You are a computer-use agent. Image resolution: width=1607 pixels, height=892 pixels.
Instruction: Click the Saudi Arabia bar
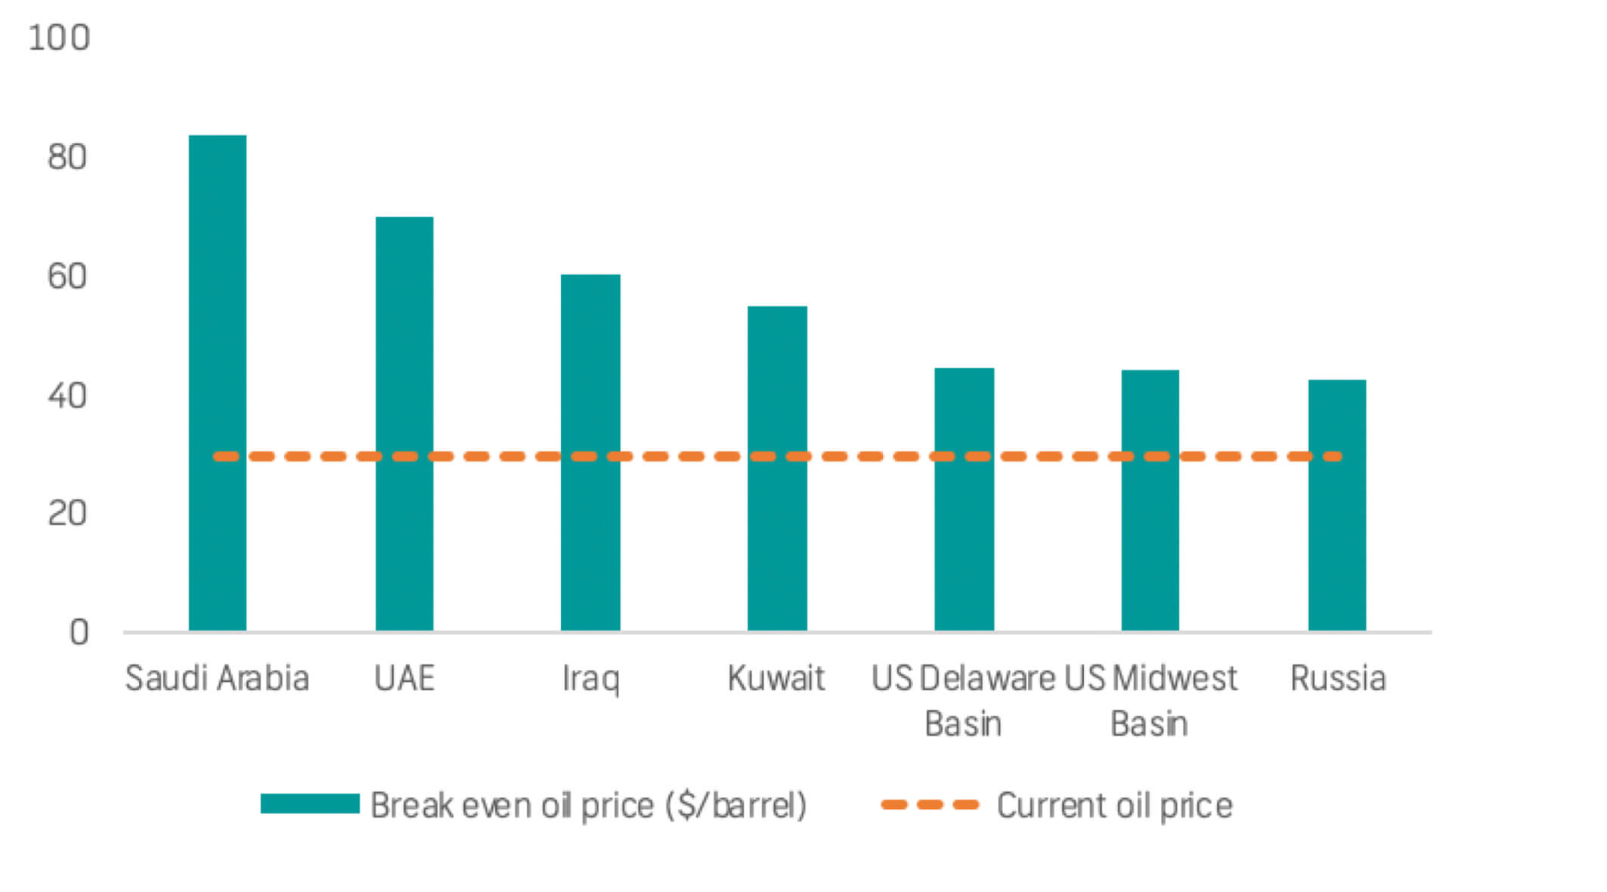tap(218, 383)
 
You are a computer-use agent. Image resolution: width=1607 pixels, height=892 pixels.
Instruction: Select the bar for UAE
tap(404, 423)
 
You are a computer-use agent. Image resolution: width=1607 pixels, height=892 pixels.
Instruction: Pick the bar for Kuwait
tap(777, 468)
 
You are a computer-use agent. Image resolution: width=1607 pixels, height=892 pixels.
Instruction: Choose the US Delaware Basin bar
tap(964, 499)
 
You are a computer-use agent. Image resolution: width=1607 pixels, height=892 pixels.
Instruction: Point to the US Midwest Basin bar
tap(1150, 500)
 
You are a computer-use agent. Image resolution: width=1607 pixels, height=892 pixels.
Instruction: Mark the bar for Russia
tap(1336, 505)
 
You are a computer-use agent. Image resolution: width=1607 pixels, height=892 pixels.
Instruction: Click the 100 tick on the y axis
tap(59, 38)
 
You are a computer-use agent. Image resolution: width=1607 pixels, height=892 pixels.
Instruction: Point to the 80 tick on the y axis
tap(67, 157)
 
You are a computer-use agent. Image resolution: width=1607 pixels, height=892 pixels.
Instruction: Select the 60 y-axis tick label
tap(67, 277)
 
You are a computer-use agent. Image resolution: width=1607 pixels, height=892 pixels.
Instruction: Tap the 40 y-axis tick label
tap(67, 396)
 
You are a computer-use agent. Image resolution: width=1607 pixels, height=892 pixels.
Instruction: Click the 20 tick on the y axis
tap(67, 514)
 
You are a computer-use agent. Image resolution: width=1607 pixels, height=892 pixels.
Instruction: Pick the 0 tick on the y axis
tap(79, 633)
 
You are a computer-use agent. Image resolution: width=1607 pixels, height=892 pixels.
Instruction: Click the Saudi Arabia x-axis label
tap(217, 678)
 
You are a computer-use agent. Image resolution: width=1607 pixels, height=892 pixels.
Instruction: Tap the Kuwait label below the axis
tap(776, 678)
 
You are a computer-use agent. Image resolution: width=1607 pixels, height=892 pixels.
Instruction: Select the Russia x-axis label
tap(1337, 678)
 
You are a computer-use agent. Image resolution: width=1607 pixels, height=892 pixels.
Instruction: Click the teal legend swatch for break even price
tap(310, 804)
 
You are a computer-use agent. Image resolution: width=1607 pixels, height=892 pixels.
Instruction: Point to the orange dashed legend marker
tap(930, 804)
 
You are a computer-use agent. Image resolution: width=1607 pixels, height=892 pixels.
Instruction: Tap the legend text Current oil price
tap(1114, 805)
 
